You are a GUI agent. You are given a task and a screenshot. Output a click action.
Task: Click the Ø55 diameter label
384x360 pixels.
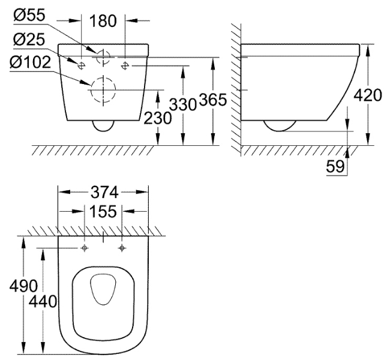29,15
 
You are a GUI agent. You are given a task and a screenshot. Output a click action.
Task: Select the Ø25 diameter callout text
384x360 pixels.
29,39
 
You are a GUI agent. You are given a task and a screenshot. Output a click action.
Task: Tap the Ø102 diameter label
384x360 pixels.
30,62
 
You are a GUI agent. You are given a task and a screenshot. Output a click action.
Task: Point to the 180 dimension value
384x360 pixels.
103,21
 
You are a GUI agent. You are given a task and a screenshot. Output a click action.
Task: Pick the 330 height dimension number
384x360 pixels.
183,104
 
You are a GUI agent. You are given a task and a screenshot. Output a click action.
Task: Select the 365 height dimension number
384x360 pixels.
213,100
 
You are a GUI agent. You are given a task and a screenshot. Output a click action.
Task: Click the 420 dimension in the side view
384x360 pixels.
368,95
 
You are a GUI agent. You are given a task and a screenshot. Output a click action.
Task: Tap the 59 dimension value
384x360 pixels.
335,167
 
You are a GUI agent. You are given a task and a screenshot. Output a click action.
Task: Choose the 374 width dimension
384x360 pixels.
104,192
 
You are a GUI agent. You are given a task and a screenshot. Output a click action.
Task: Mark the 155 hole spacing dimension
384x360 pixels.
103,211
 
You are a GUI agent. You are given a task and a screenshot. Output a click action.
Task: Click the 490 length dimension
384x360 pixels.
24,286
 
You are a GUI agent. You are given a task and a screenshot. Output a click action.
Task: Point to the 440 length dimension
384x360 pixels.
43,301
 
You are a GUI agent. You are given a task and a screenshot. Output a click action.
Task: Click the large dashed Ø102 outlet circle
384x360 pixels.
91,89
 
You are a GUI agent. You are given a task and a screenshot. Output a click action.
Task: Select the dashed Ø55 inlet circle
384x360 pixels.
97,57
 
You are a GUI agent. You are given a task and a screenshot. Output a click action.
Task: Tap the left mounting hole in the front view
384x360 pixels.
81,65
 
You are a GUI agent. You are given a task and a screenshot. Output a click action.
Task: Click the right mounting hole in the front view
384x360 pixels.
125,65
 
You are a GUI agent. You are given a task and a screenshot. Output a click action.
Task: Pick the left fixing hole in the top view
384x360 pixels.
85,248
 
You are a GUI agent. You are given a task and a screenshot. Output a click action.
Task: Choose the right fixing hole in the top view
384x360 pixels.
122,248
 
